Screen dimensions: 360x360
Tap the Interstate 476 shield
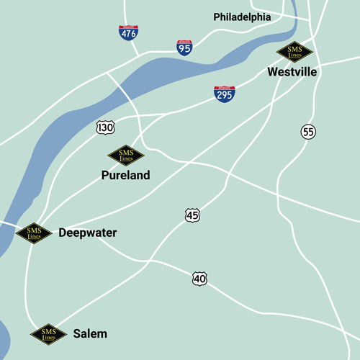[129, 33]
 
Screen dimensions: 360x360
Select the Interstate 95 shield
[185, 48]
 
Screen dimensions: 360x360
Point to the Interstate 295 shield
[225, 94]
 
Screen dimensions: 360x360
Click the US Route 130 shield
[105, 127]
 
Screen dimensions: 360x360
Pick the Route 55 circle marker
[308, 132]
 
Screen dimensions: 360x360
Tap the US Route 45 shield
[192, 215]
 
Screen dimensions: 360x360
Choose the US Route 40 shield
[200, 278]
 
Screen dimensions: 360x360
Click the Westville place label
[292, 72]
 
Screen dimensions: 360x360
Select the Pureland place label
[125, 175]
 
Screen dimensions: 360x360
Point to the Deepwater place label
[87, 233]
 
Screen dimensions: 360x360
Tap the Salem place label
[90, 334]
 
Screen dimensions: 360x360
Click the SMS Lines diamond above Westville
[295, 52]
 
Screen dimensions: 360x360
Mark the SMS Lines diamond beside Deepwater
[34, 233]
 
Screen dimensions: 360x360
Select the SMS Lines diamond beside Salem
[48, 334]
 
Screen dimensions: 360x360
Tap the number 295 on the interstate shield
[225, 95]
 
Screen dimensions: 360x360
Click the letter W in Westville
[272, 72]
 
